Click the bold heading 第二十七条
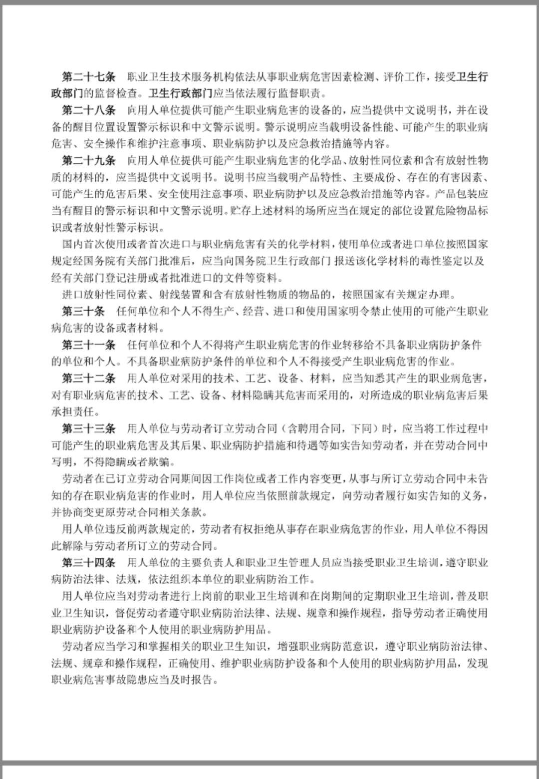[88, 77]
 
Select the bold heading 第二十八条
[88, 110]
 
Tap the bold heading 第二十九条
[88, 161]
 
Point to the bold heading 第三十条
[83, 312]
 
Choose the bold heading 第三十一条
[88, 345]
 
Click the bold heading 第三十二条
[88, 379]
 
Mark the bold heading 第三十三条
[88, 428]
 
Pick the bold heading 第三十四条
[88, 563]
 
